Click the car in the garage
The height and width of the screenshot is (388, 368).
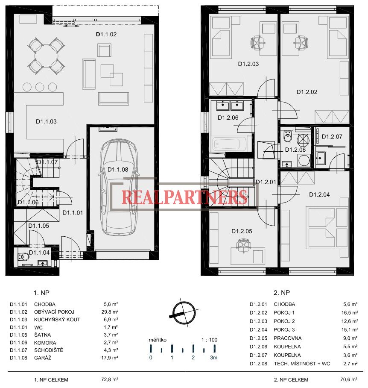point(118,187)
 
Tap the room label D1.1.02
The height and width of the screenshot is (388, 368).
point(106,34)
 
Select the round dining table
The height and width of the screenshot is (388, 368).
point(46,56)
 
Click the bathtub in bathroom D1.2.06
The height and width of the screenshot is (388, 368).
point(230,144)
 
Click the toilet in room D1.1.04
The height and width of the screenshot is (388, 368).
point(23,257)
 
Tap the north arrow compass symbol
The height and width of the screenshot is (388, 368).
point(184,312)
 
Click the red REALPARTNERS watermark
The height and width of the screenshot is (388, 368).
point(184,197)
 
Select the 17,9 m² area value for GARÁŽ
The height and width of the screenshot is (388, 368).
point(109,358)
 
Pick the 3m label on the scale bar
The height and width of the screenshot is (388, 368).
point(214,358)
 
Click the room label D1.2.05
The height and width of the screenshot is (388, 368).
point(242,231)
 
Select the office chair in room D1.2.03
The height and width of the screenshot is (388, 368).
point(257,42)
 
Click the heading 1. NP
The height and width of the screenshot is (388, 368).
point(41,293)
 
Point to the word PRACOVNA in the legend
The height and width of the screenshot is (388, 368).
point(287,338)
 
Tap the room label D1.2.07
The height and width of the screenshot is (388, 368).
point(332,137)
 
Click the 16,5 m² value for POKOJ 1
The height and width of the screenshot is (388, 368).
point(350,313)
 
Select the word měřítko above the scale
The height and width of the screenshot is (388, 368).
point(158,340)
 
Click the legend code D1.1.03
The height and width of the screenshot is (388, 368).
point(18,320)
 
